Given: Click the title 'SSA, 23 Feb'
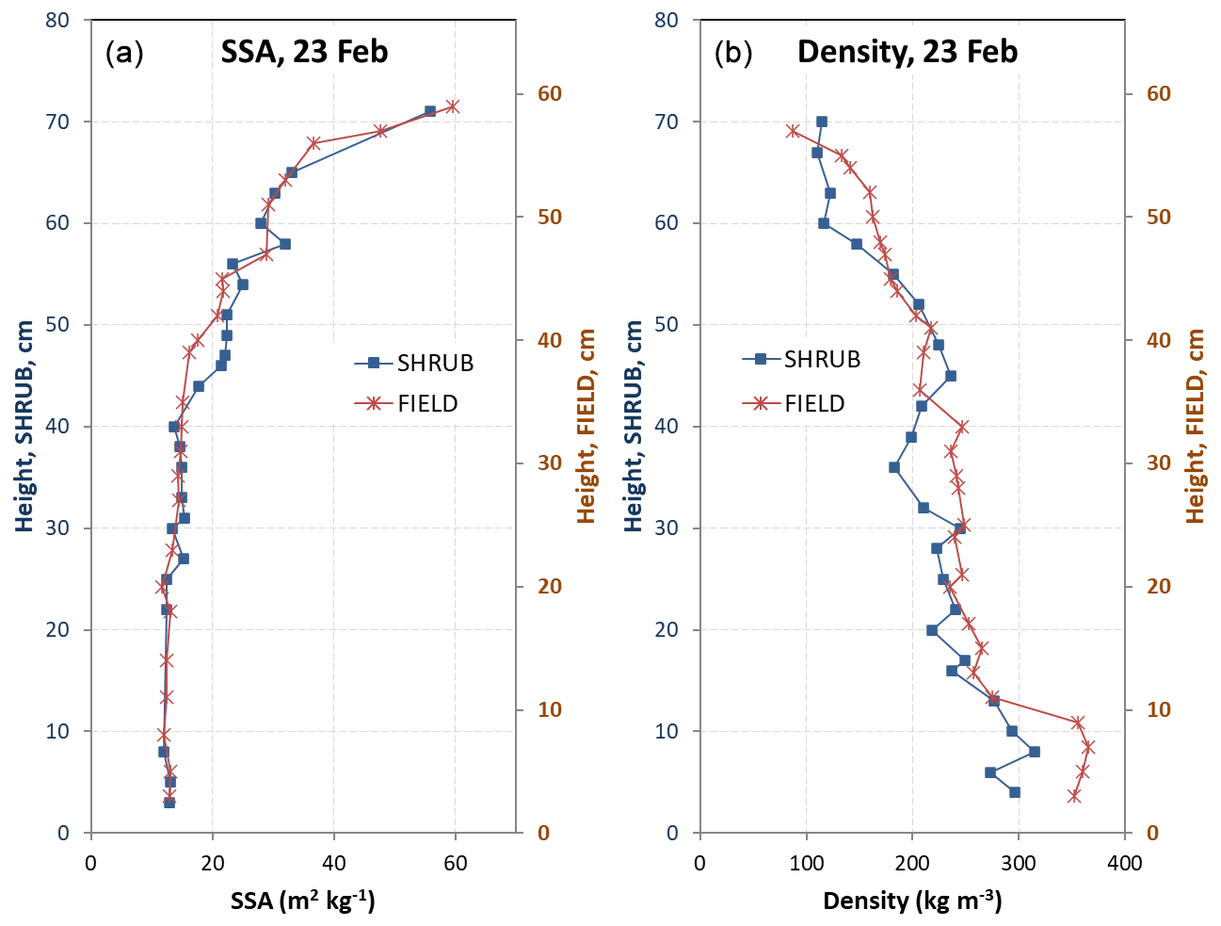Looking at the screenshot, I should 304,51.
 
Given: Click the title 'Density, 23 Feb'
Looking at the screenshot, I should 908,51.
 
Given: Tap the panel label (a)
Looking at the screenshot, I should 124,53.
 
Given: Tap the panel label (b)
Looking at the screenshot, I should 733,53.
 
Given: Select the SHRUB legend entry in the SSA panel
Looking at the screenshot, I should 414,363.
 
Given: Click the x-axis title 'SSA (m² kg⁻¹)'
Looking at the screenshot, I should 303,901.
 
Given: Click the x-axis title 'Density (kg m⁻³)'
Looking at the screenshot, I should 912,901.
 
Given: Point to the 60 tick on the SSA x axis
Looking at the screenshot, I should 456,863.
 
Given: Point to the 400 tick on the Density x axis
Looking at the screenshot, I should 1125,863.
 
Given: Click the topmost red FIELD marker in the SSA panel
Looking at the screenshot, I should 453,106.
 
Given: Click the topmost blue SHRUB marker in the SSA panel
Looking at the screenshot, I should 430,111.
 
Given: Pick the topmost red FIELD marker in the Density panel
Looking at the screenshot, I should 793,131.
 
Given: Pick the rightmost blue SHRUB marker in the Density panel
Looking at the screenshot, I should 1035,752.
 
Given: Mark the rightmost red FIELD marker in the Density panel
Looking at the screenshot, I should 1088,747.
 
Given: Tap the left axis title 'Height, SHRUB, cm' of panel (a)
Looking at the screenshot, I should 25,426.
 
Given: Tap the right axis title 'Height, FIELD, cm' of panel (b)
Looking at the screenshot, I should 1196,426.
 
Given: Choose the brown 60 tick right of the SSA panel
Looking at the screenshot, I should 550,93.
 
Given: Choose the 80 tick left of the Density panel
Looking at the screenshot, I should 667,20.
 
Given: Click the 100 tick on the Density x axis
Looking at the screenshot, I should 806,863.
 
